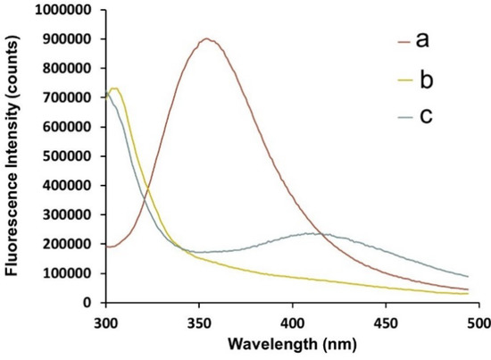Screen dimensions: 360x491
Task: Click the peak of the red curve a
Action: (207, 39)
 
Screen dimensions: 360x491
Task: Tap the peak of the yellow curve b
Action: (114, 88)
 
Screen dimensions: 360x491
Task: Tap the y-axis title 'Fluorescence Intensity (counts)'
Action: (13, 156)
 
